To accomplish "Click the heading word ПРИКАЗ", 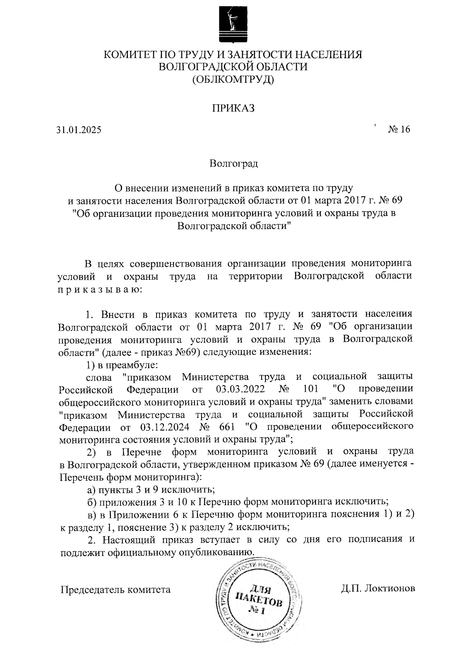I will click(x=233, y=108).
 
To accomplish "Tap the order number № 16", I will click(x=399, y=129).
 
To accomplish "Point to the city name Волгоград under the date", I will click(x=233, y=163).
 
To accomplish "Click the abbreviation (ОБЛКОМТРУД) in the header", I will click(x=233, y=80).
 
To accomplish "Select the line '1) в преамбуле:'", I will click(x=121, y=365).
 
